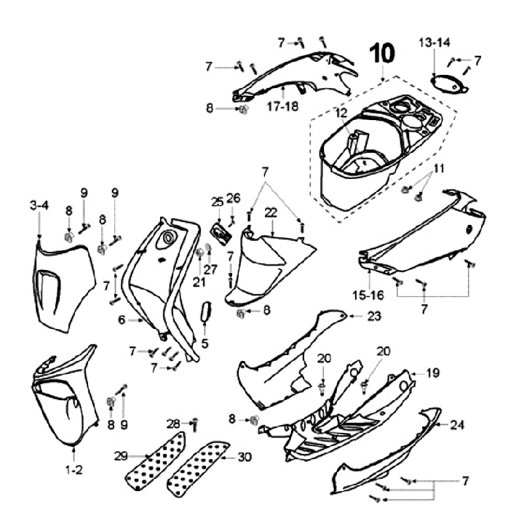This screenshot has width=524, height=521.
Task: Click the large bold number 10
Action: click(x=383, y=55)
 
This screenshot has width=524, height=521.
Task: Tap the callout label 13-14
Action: click(x=434, y=44)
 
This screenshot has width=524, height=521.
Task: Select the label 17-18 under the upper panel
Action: click(x=282, y=106)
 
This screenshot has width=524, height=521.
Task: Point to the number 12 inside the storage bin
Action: click(x=342, y=113)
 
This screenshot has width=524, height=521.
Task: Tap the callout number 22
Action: click(x=271, y=212)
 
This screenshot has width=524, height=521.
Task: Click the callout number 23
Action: click(x=374, y=316)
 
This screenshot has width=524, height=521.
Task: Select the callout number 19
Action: click(x=433, y=373)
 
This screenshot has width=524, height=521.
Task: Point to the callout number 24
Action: click(x=457, y=424)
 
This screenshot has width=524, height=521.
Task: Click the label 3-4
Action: click(x=39, y=206)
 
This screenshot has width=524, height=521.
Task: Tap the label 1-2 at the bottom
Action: click(x=74, y=471)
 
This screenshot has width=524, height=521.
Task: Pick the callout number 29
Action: click(x=121, y=456)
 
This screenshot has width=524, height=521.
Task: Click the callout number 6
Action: click(x=122, y=319)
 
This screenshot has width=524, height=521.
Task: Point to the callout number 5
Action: click(x=205, y=343)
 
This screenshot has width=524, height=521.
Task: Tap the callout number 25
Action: click(x=217, y=202)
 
